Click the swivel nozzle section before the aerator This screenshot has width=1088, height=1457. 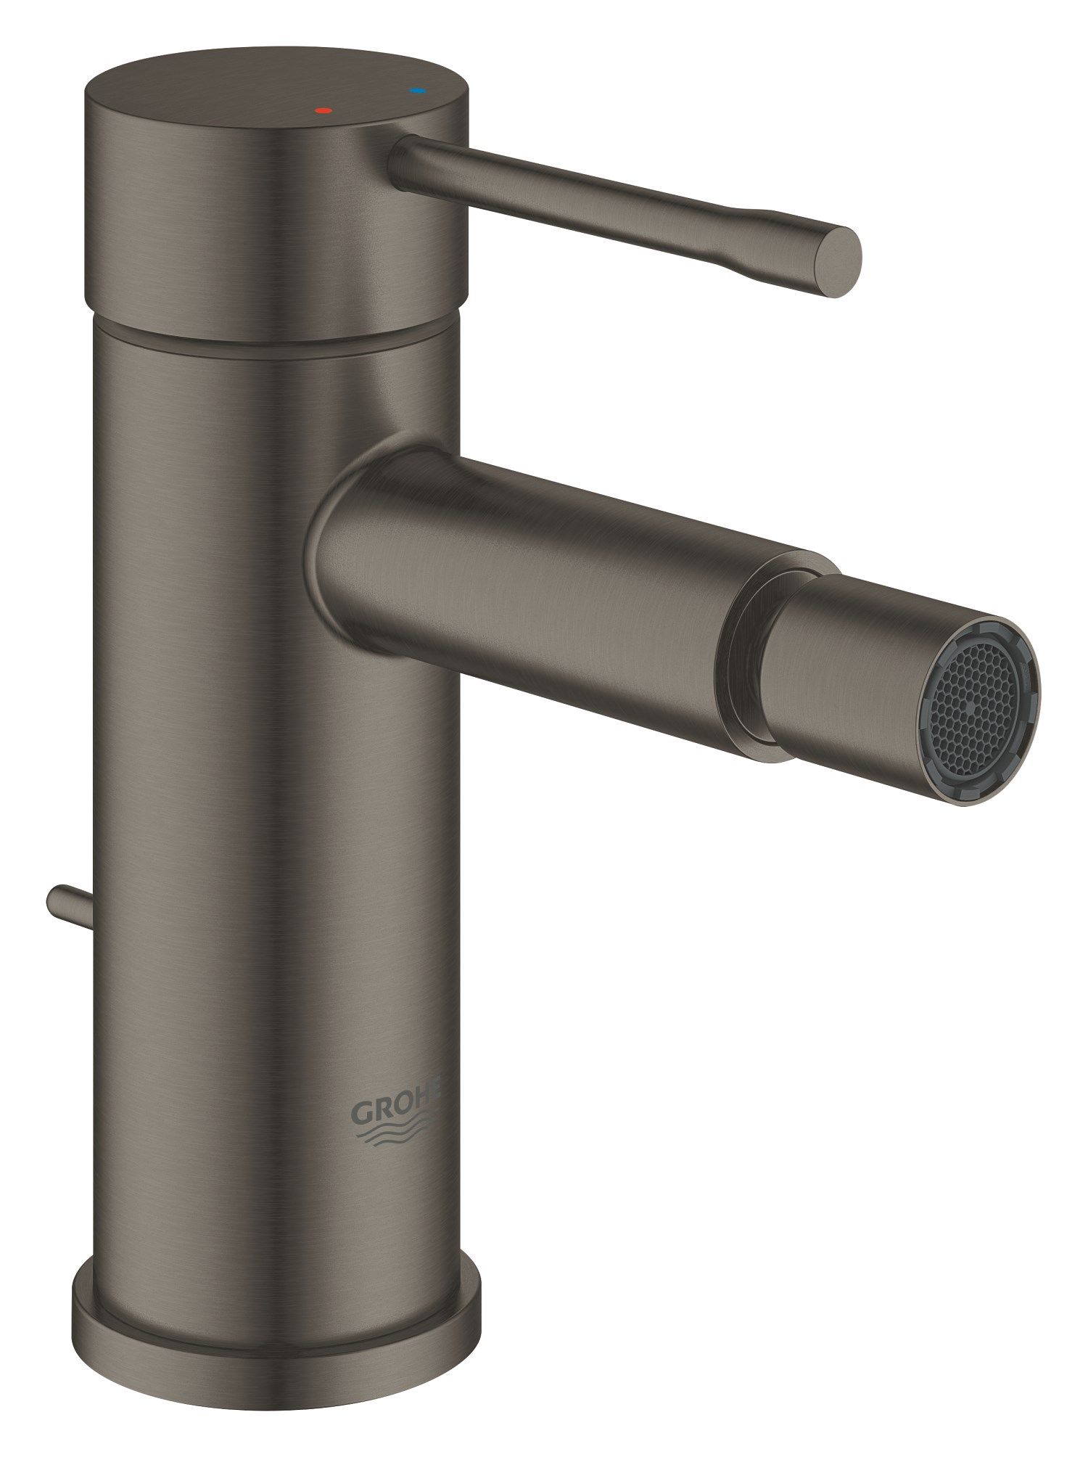[841, 653]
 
